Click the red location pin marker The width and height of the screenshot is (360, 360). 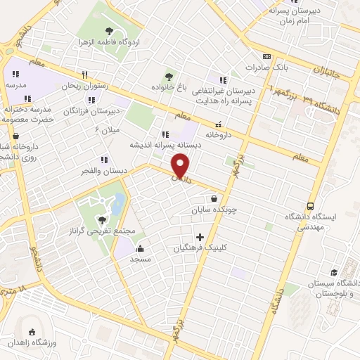(x=181, y=166)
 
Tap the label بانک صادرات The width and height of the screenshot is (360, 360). (x=265, y=67)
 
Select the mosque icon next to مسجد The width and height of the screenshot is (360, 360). (x=141, y=248)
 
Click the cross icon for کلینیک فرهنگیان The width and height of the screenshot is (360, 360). (x=200, y=237)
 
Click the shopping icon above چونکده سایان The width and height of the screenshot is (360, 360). (x=213, y=198)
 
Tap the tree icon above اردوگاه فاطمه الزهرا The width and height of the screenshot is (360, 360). (x=109, y=31)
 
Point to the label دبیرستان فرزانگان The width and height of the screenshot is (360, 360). (x=89, y=111)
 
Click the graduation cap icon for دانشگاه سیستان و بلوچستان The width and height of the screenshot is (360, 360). (x=334, y=272)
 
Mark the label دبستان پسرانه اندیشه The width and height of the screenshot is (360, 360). (x=165, y=144)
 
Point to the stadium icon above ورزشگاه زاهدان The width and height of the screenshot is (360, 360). (x=30, y=332)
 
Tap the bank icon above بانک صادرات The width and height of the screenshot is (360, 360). (x=266, y=57)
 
